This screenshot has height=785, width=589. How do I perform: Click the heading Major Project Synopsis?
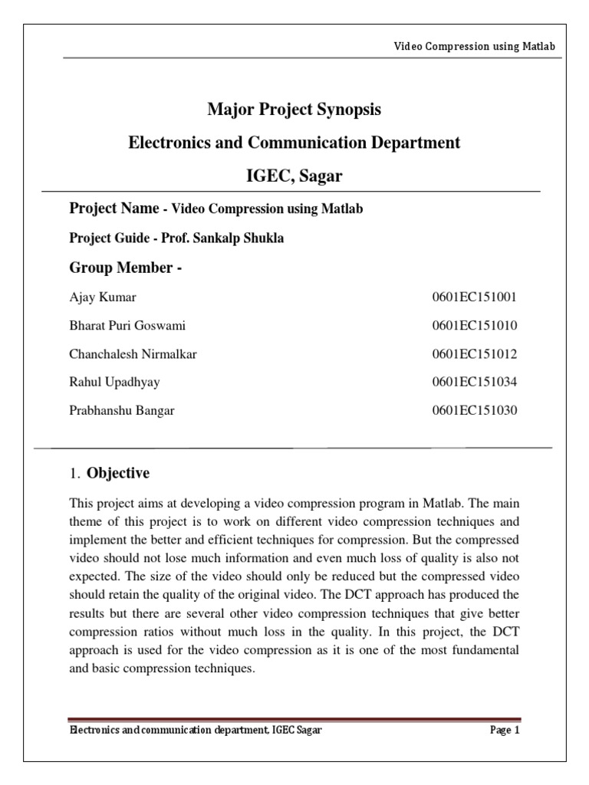(294, 110)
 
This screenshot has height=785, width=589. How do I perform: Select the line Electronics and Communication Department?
(294, 143)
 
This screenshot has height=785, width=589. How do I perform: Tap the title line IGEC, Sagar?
(294, 176)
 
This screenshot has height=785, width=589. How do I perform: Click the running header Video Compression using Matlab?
(473, 46)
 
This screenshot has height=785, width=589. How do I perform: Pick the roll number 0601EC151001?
(475, 297)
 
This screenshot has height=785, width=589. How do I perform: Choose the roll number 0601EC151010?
(475, 325)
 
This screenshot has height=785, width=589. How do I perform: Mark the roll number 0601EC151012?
(475, 353)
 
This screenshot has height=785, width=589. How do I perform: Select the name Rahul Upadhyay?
(115, 382)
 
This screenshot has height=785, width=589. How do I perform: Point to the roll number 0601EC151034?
(475, 382)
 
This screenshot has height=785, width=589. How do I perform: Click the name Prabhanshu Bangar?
(122, 410)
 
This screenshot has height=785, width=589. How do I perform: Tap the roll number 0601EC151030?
(475, 410)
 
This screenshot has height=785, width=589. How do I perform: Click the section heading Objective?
(118, 473)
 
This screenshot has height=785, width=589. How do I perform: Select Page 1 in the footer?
(505, 731)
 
